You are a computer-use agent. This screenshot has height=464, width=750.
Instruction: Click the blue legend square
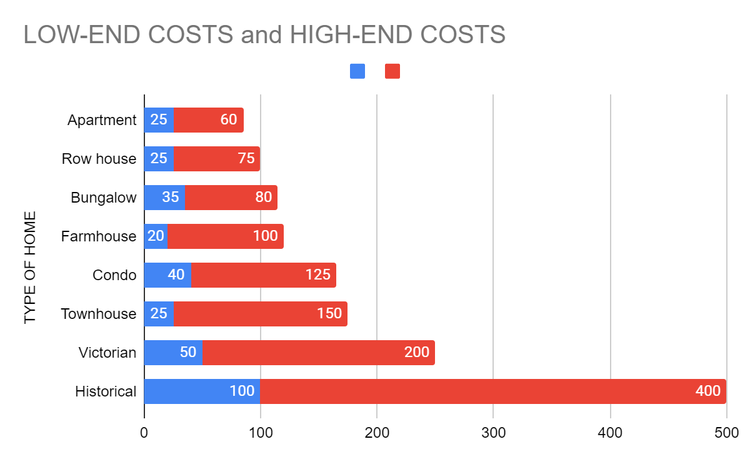[357, 71]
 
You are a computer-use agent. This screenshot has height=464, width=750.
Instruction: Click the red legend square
[392, 71]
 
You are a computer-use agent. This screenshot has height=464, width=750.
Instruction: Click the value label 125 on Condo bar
[317, 275]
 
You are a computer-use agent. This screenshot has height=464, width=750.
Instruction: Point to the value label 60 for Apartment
[229, 119]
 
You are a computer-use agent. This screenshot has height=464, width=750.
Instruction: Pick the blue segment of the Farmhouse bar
[156, 236]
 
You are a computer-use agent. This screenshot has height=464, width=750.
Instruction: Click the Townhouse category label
[98, 314]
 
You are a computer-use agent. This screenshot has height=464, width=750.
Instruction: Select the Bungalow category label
[103, 198]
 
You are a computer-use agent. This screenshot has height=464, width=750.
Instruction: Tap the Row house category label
[99, 159]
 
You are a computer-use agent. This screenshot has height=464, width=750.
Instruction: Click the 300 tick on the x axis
[493, 433]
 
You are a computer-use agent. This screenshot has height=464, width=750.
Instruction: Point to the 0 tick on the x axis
[144, 433]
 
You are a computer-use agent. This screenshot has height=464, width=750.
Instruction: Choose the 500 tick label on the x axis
[726, 433]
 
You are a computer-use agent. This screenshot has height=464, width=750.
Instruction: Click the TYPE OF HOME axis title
[31, 268]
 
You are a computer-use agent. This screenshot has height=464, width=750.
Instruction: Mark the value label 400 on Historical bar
[707, 391]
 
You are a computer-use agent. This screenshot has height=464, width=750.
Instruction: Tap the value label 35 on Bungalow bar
[170, 198]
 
